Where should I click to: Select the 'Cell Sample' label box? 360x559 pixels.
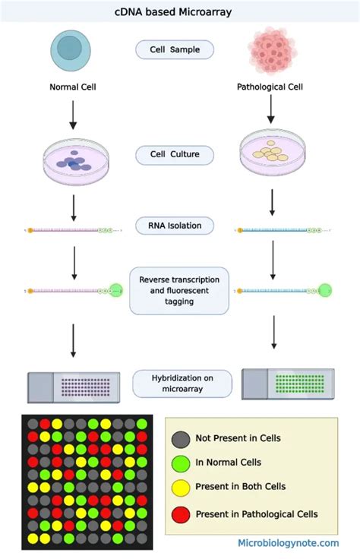click(175, 51)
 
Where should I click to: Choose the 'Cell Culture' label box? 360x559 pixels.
click(174, 156)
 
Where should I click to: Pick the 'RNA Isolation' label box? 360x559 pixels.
click(175, 226)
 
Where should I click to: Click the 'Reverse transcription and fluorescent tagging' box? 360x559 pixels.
click(179, 290)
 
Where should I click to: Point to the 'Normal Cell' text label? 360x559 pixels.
click(73, 87)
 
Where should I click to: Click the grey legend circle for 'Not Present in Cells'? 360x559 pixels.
click(181, 438)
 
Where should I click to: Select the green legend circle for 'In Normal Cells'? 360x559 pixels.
click(181, 462)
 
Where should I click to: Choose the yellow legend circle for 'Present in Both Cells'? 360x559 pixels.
click(181, 488)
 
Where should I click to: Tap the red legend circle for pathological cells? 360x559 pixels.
click(181, 514)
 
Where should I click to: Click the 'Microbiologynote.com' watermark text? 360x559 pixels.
click(288, 542)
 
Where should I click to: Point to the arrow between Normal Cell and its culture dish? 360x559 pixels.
click(73, 114)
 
